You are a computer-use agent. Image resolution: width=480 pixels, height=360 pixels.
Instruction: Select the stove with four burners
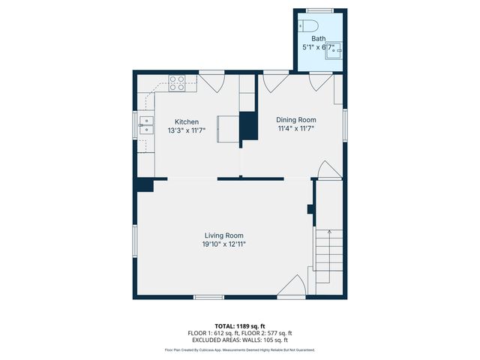pos(177,82)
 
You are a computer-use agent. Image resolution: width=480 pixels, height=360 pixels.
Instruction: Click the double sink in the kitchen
pos(146,124)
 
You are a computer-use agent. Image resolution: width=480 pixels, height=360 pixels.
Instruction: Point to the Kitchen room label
pos(187,121)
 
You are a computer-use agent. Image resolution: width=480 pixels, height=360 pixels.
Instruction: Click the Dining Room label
pos(296,119)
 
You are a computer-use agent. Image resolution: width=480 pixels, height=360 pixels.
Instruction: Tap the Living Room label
pos(223,235)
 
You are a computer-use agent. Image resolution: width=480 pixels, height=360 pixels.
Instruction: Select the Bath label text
pos(319,38)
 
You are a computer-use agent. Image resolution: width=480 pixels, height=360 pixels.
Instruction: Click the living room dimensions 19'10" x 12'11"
pos(223,244)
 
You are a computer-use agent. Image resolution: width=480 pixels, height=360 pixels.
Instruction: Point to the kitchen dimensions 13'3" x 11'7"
pos(187,130)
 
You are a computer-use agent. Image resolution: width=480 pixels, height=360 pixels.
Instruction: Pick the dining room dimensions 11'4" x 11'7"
pos(296,127)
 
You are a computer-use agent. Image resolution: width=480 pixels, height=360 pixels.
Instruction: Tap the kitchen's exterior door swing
pos(211,82)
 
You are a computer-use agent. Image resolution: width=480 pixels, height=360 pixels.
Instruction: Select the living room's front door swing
pos(292,286)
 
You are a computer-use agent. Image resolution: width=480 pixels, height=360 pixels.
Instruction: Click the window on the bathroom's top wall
pos(319,10)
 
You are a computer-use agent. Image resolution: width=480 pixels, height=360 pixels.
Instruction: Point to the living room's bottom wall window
pos(208,298)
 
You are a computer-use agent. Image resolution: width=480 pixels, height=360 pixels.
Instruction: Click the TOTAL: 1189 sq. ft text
pos(239,326)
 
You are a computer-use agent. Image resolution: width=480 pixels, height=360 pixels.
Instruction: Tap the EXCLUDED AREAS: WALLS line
pos(239,340)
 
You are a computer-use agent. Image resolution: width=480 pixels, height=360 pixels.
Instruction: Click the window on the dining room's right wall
pos(346,124)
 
